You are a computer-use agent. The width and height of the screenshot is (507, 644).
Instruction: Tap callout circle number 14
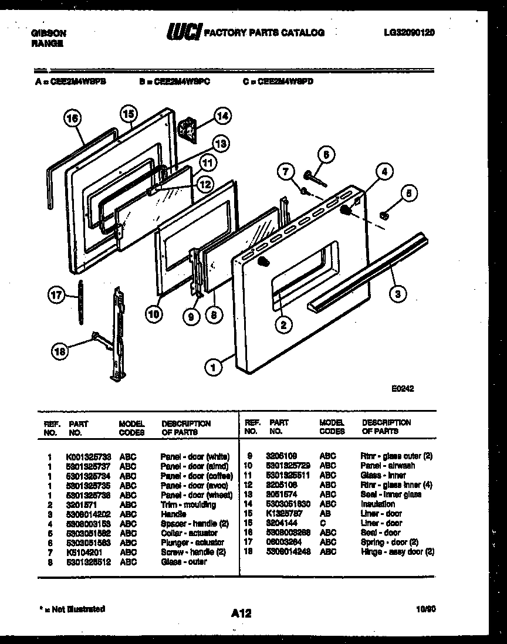click(222, 116)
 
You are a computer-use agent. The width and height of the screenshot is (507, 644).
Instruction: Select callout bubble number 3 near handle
click(397, 293)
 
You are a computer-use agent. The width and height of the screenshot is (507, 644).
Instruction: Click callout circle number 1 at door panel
click(214, 368)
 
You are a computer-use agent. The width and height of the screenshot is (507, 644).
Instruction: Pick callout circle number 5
click(410, 195)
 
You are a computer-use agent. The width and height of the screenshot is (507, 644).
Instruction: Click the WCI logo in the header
click(182, 33)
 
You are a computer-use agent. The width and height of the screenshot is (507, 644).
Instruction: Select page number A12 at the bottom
click(241, 614)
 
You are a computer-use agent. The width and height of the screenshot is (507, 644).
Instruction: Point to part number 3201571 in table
click(80, 504)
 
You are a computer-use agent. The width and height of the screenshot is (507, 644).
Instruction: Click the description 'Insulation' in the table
click(378, 504)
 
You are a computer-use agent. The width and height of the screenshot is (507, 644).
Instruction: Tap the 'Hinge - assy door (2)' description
click(397, 551)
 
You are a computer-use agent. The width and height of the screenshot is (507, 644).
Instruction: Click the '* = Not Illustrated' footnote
click(70, 609)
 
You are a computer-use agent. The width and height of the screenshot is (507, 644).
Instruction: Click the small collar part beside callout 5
click(384, 216)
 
